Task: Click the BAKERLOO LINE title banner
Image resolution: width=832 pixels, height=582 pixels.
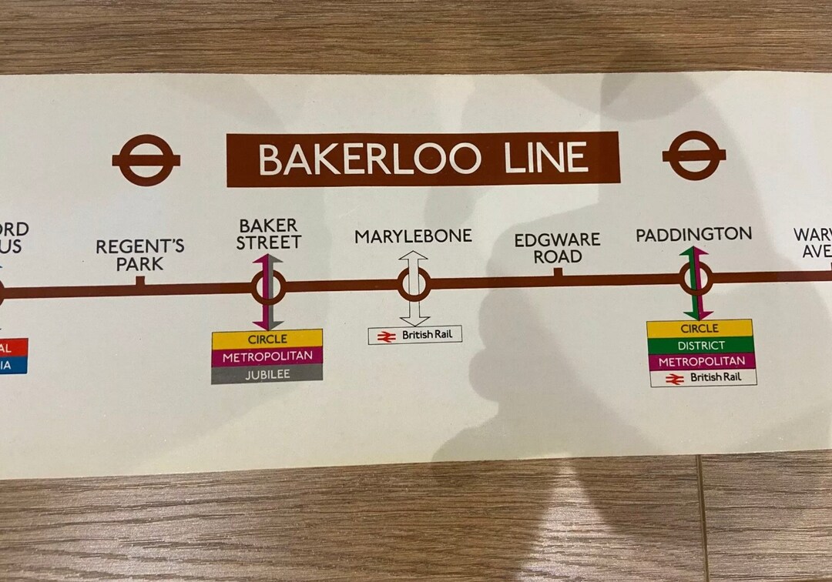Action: (422, 159)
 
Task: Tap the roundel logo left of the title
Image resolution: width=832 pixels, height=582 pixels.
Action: (146, 160)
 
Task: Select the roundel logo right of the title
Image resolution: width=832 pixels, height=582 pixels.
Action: (694, 155)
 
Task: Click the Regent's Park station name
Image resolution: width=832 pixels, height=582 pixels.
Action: (140, 255)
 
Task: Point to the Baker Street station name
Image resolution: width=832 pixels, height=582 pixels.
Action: (268, 234)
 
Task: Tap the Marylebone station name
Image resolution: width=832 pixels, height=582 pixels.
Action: (413, 236)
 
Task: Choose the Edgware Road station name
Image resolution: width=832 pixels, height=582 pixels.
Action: (557, 248)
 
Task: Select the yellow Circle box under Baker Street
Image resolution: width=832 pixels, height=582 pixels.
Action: (267, 339)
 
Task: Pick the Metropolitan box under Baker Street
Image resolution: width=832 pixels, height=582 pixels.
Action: (267, 356)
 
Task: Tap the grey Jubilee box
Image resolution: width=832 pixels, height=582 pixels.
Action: (267, 375)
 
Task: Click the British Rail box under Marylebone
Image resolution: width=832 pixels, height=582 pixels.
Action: (414, 336)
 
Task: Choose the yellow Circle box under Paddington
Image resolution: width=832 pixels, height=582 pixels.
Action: (699, 329)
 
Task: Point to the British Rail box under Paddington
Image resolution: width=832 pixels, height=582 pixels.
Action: (703, 378)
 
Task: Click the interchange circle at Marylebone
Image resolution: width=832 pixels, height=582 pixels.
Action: (414, 285)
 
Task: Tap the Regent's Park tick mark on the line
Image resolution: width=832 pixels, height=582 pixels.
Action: (140, 282)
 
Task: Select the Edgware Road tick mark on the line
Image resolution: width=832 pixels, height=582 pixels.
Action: (558, 272)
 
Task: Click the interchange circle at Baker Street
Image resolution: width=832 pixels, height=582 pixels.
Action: (268, 288)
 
